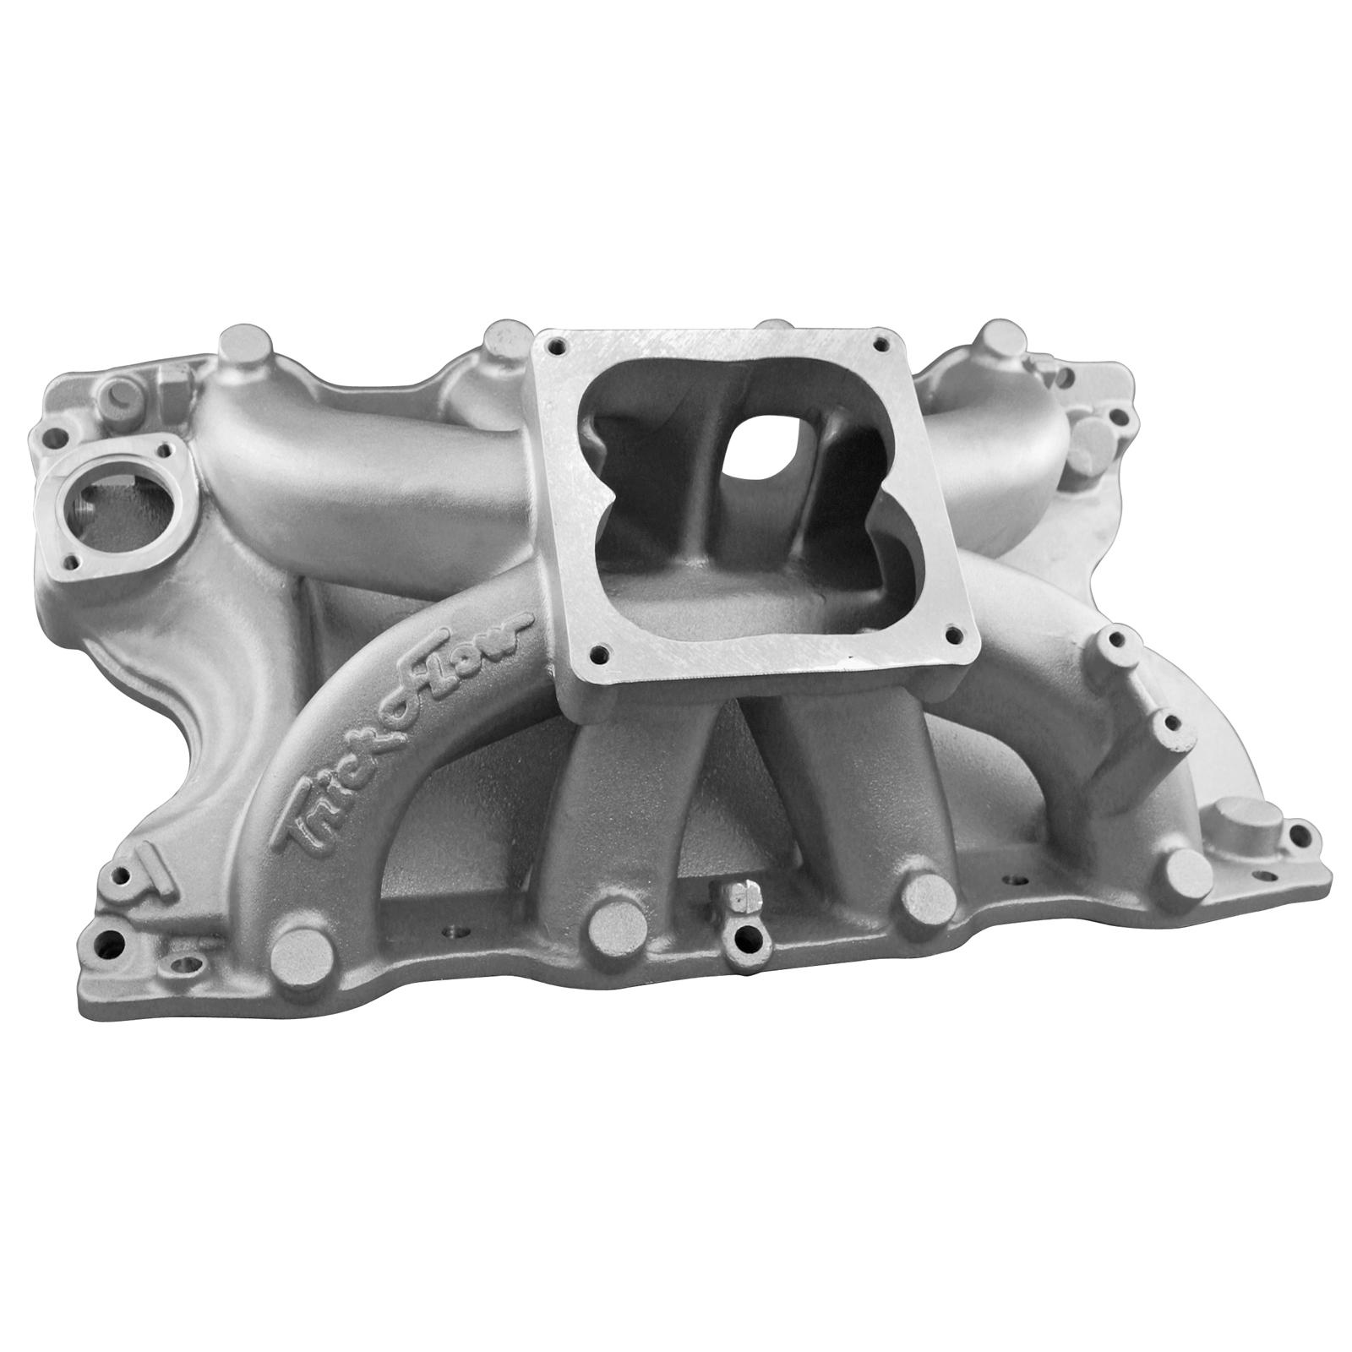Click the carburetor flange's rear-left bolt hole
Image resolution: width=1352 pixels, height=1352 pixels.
pos(555,346)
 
